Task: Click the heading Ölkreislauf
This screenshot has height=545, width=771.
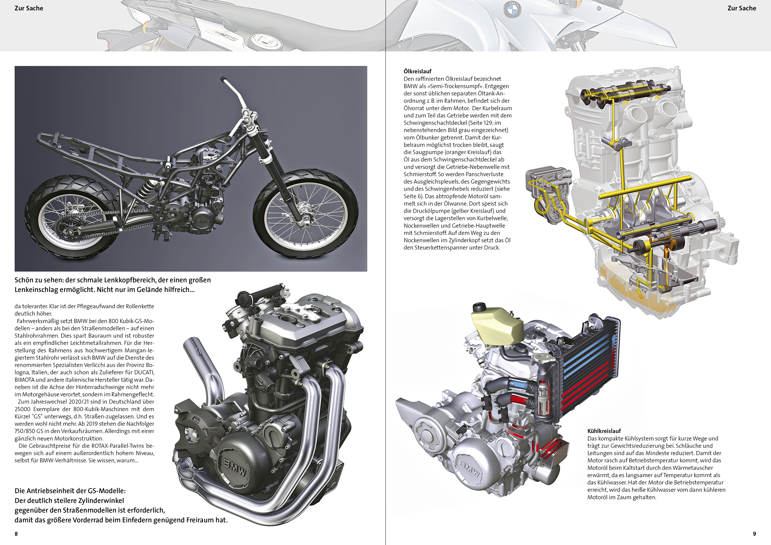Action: tap(418, 71)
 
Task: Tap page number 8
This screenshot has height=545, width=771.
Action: tap(16, 534)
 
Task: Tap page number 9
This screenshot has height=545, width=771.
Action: tap(754, 534)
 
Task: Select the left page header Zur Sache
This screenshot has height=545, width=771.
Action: tap(29, 8)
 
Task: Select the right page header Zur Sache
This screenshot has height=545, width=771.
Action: tap(742, 8)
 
